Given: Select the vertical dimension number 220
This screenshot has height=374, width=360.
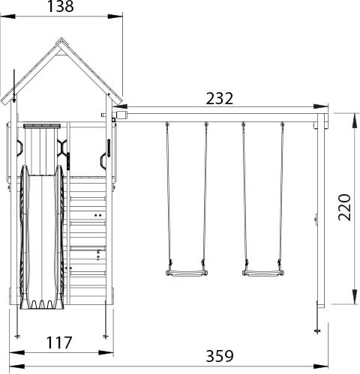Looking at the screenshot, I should [x=344, y=208].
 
